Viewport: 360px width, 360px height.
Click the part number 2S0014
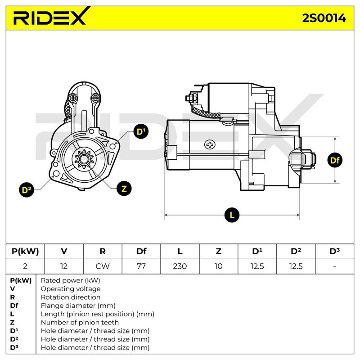324,18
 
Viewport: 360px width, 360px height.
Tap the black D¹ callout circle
141,131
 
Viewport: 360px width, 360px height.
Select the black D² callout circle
27,190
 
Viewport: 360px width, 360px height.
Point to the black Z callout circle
124,189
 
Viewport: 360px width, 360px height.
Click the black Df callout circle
335,160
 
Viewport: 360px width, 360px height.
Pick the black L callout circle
232,215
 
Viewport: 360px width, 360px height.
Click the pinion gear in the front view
84,159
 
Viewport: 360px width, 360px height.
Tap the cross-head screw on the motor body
210,144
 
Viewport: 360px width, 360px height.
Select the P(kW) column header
25,251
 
